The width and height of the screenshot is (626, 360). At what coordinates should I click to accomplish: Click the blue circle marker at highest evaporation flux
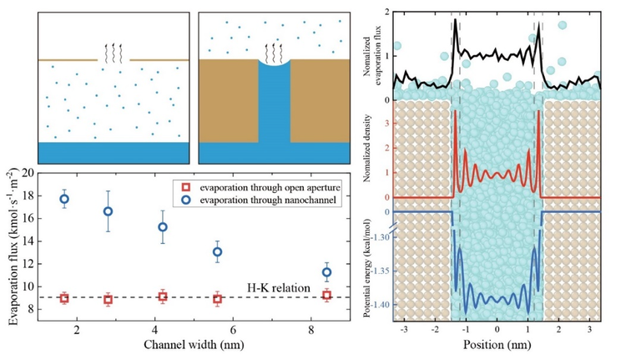point(64,199)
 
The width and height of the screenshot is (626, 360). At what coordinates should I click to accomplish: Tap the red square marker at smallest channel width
point(64,298)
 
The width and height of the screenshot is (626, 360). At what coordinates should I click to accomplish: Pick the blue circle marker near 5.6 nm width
point(217,251)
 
